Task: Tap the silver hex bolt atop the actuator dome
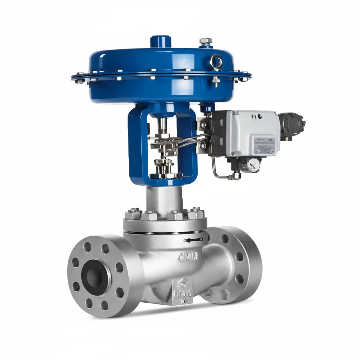205,41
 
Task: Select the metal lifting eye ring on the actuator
216,63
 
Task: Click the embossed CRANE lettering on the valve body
188,257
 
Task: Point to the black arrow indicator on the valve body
193,240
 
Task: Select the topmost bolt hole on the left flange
105,249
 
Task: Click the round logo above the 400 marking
182,283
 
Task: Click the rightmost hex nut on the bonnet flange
196,213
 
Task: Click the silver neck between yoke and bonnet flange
165,199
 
